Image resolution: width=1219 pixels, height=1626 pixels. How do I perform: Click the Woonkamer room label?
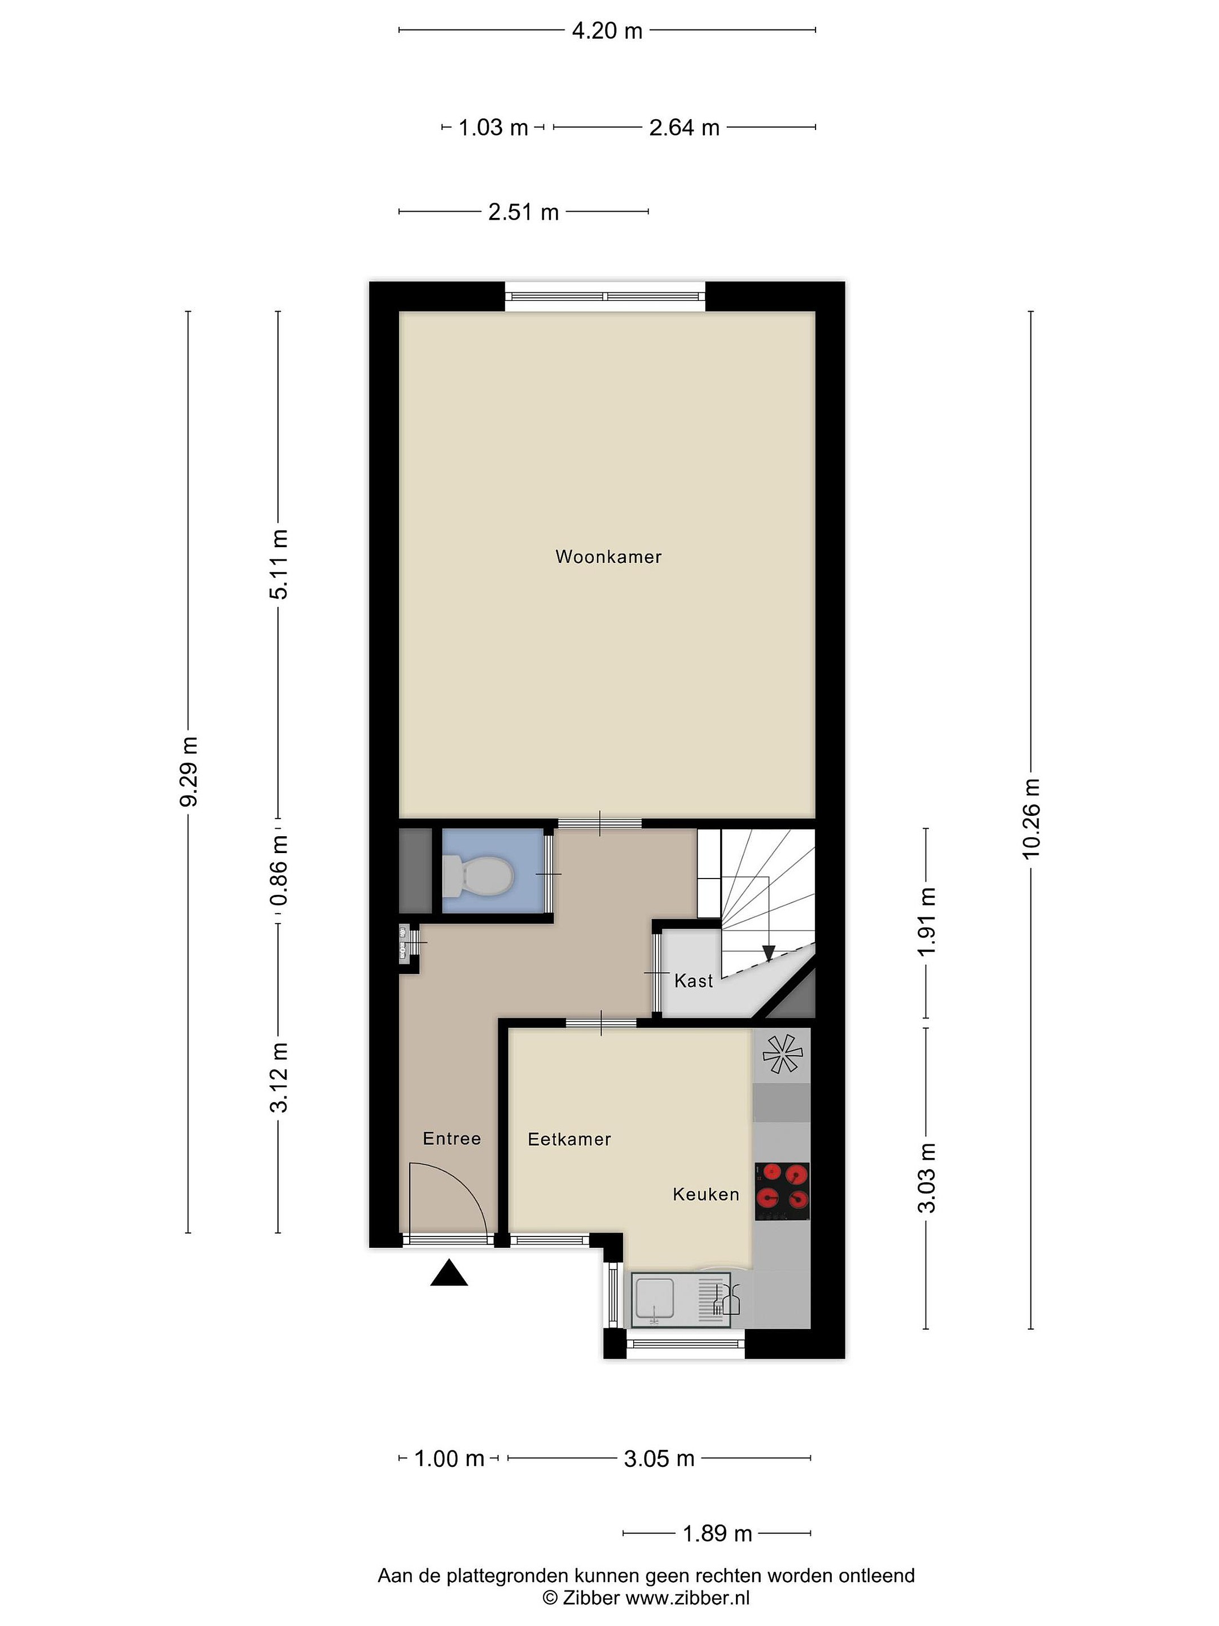(x=608, y=557)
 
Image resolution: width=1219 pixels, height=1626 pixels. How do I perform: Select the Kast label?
(x=694, y=981)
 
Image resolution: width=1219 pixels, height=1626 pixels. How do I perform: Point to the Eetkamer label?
(x=569, y=1139)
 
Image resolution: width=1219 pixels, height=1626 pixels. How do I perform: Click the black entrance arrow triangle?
(x=449, y=1273)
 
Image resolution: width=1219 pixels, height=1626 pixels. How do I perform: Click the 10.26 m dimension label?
(x=1031, y=818)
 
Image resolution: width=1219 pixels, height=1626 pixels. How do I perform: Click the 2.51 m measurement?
(x=523, y=212)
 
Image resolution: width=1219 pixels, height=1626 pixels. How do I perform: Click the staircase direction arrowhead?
(x=769, y=954)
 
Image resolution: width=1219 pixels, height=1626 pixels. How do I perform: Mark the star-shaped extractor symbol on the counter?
(x=783, y=1055)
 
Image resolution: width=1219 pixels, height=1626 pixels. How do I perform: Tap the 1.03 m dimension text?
(x=493, y=128)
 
